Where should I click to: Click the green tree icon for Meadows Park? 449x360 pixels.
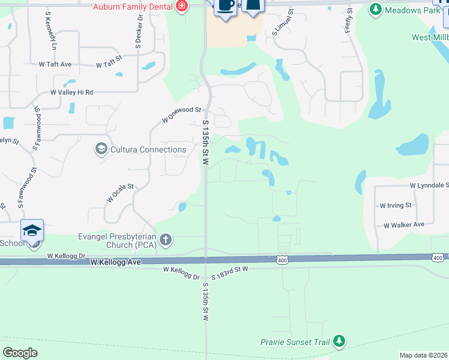[376, 9]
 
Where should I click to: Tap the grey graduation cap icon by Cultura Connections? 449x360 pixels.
[101, 149]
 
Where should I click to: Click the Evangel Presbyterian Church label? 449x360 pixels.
[117, 241]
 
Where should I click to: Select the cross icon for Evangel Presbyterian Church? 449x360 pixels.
[166, 241]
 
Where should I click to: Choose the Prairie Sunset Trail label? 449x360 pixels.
[295, 342]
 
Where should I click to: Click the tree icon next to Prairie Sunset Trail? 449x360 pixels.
[339, 341]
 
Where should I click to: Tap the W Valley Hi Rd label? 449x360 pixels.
[71, 92]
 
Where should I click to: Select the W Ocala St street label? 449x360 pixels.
[120, 193]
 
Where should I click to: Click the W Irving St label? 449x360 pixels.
[396, 205]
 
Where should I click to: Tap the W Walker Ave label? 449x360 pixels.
[404, 224]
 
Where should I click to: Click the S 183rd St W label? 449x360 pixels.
[229, 269]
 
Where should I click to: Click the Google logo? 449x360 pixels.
[20, 352]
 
